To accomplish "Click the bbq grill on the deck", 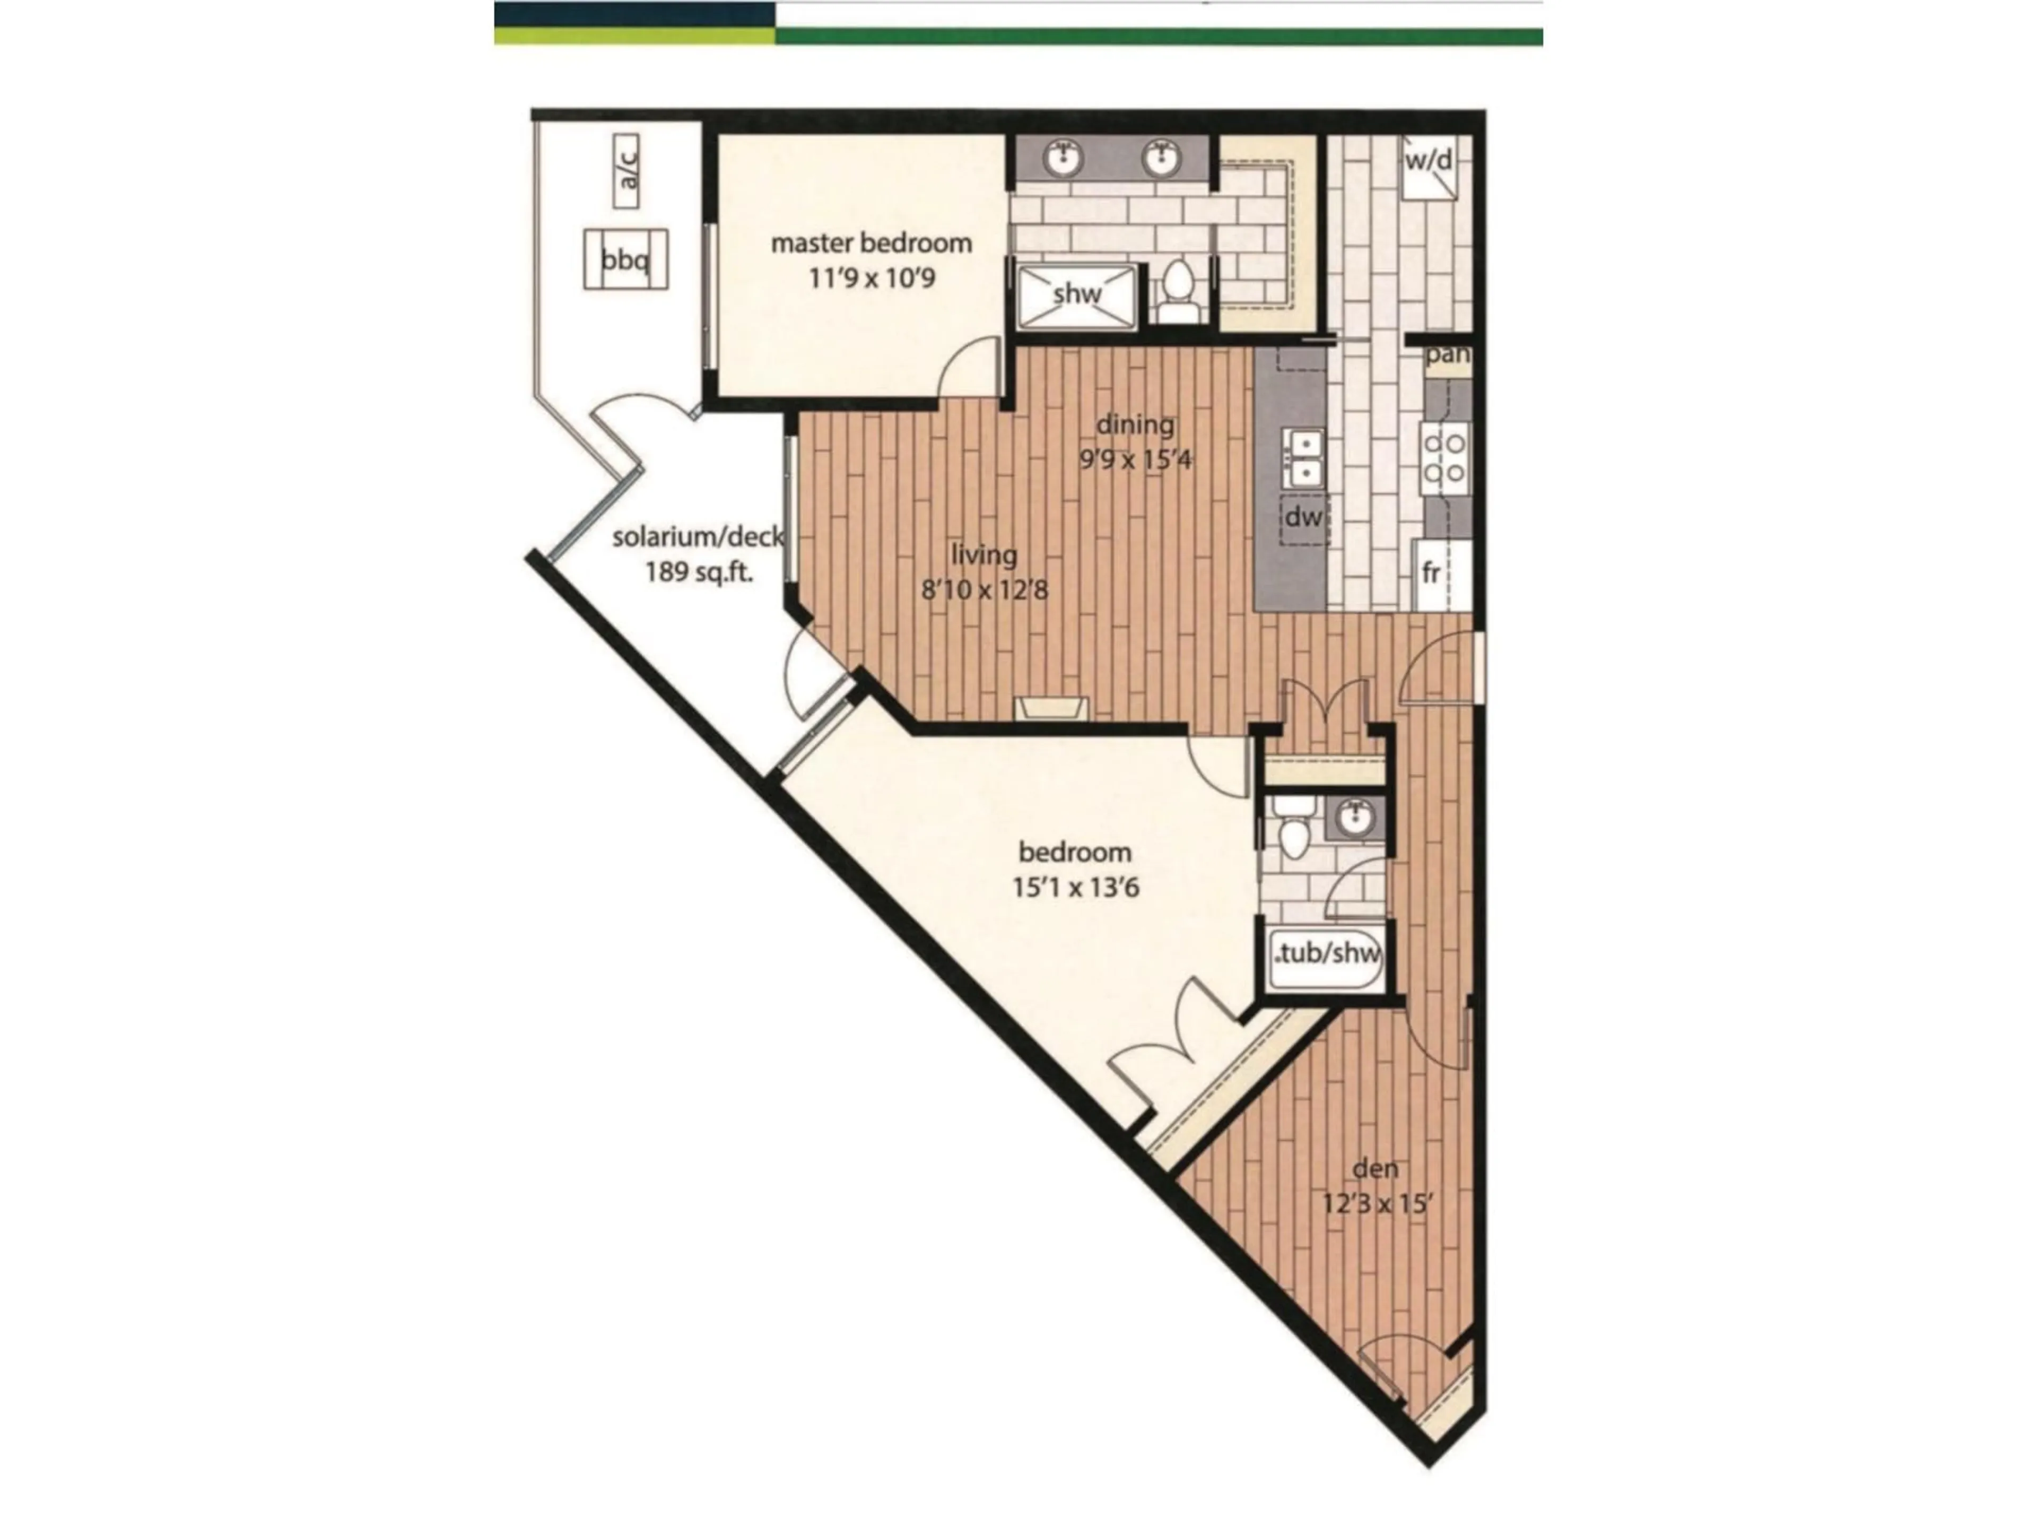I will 625,260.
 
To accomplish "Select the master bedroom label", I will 870,243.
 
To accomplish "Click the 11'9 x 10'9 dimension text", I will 871,277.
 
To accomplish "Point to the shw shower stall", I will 1076,295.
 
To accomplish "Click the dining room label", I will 1135,424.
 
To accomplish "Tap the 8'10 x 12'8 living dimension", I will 985,589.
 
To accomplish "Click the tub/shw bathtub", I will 1326,953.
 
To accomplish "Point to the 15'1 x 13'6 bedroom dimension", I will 1076,888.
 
